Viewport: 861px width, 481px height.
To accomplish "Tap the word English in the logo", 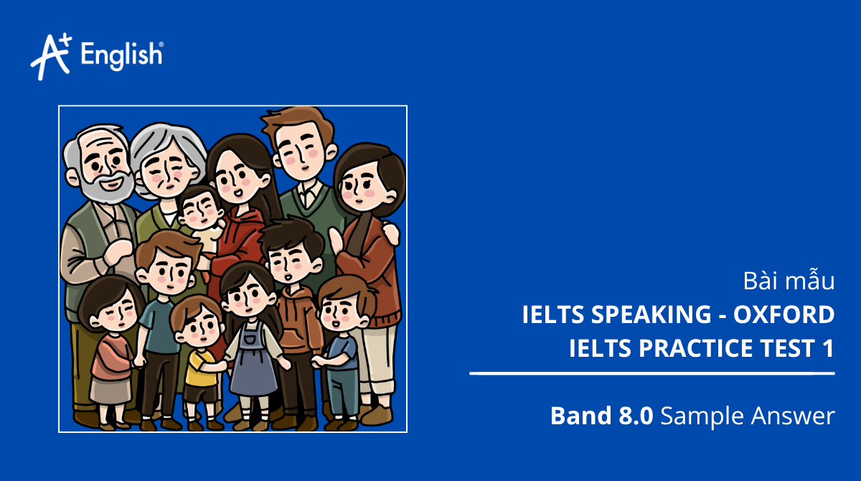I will [122, 55].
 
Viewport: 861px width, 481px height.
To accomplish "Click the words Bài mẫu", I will [787, 281].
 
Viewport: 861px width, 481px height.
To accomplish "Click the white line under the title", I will [652, 373].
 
